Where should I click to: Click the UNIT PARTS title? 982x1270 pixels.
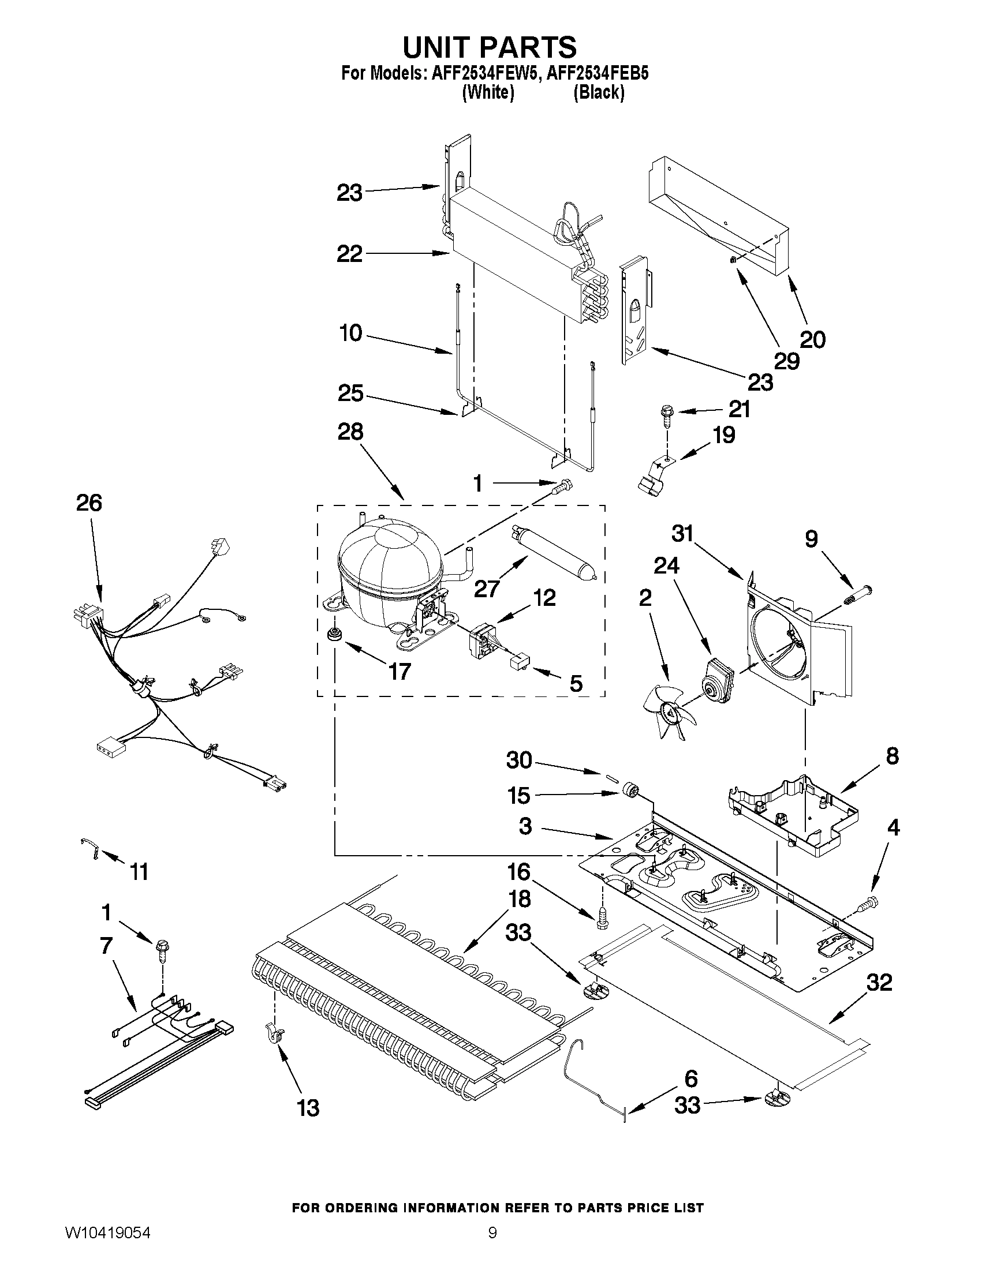click(x=490, y=48)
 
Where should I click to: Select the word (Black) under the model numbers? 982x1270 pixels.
click(x=599, y=93)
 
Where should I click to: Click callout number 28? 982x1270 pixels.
click(x=350, y=432)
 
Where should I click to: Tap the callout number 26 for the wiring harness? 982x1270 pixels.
click(x=89, y=503)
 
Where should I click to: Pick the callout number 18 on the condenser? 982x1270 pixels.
click(x=519, y=899)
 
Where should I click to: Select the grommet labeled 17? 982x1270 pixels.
click(x=334, y=634)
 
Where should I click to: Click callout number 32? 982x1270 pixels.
click(x=879, y=983)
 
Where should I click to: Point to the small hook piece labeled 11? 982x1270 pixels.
click(x=90, y=848)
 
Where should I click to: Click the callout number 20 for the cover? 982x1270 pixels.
click(x=812, y=340)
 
